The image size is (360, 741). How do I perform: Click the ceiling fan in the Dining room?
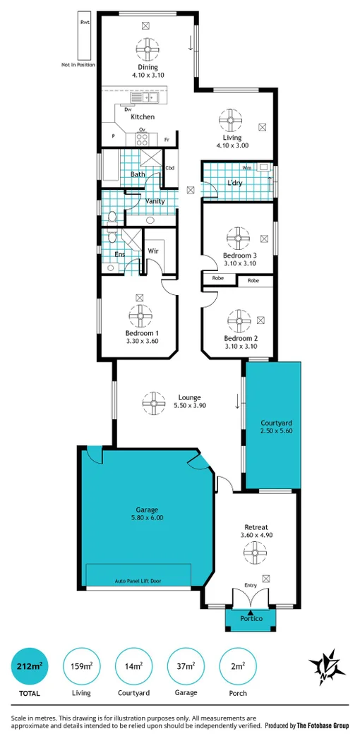148,49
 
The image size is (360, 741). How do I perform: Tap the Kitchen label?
143,117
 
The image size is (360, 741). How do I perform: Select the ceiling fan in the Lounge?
154,402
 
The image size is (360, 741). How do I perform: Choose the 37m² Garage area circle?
186,666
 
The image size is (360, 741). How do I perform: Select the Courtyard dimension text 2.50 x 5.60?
272,431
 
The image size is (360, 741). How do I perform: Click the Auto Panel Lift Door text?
138,582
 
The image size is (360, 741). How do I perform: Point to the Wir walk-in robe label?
152,251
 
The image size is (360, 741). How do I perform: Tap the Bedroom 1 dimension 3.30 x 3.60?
141,341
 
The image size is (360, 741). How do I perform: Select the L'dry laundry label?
235,183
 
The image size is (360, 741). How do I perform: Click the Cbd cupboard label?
170,168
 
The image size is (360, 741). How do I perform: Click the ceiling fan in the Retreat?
250,554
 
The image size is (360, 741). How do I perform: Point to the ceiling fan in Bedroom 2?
239,321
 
